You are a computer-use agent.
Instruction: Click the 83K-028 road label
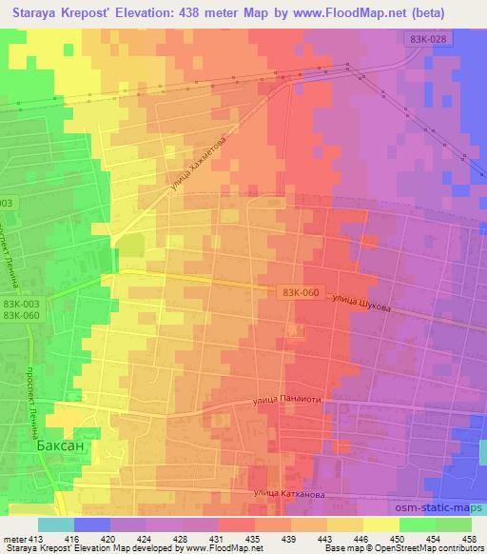[x=422, y=37]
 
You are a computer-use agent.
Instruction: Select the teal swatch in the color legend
[x=56, y=524]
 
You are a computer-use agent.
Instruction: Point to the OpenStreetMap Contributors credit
[x=429, y=548]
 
